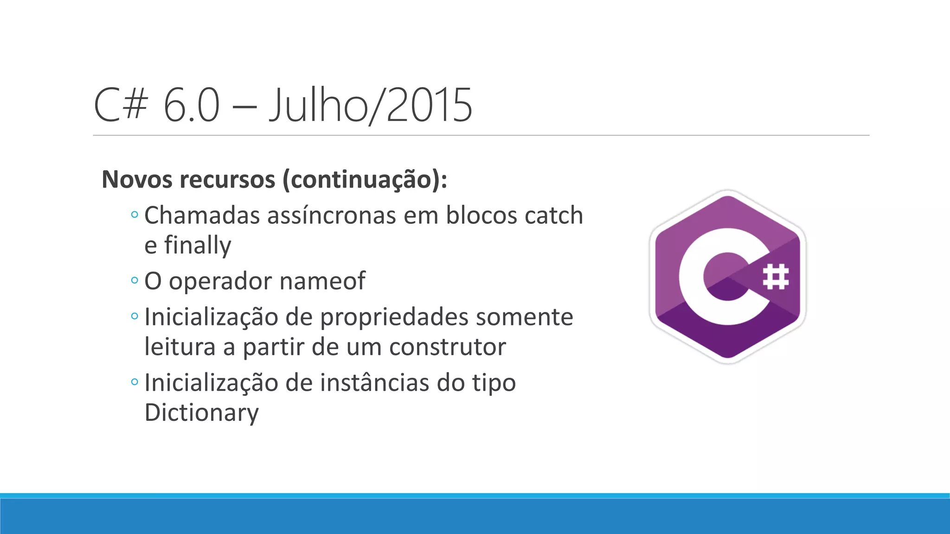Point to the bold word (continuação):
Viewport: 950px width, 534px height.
point(365,180)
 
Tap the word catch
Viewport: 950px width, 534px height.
point(553,216)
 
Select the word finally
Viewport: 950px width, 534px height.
point(198,246)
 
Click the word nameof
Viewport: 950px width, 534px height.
point(322,281)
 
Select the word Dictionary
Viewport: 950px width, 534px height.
point(202,413)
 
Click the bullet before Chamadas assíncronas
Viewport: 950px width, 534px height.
point(135,215)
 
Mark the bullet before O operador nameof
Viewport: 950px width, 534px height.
point(135,280)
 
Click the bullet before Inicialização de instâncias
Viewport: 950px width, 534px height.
point(135,382)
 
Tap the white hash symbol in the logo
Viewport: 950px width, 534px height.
point(776,277)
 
